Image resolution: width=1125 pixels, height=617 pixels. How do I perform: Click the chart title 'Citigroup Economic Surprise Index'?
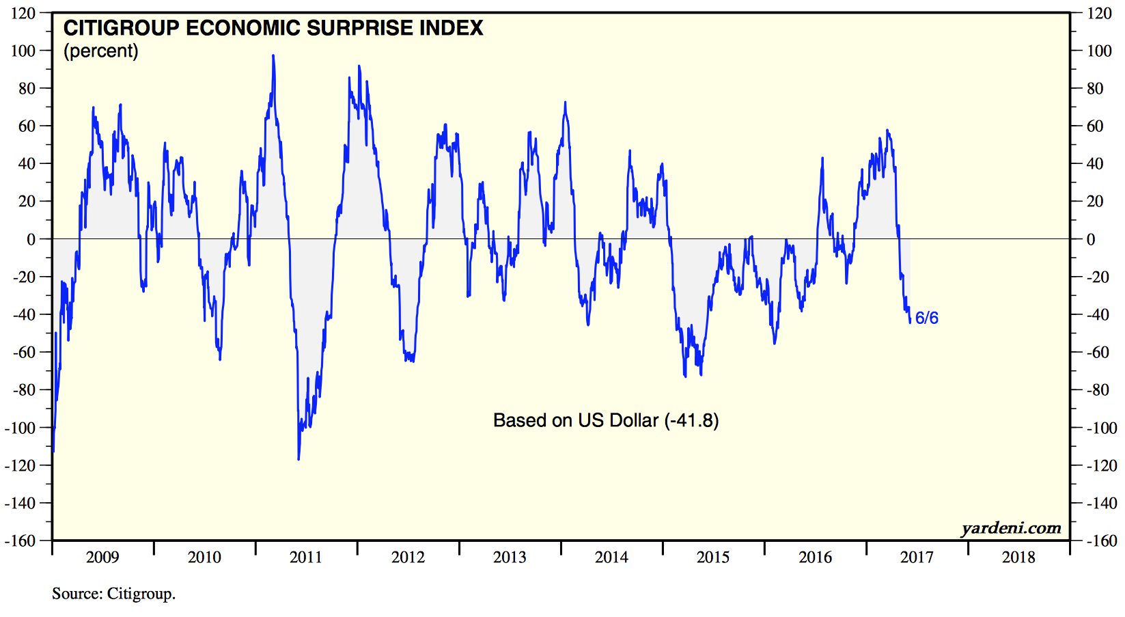[273, 28]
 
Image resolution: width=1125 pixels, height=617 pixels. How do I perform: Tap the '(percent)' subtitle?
[101, 51]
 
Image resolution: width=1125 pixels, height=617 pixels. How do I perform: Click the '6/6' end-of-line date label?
[926, 318]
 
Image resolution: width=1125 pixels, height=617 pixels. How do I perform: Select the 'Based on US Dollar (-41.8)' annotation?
[606, 420]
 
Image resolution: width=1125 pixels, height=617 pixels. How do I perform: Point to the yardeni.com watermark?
[1011, 527]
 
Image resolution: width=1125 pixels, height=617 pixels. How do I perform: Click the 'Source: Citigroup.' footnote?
[113, 594]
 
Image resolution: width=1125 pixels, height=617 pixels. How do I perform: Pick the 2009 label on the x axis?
[102, 558]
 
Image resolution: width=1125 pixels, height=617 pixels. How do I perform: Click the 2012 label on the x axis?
[408, 558]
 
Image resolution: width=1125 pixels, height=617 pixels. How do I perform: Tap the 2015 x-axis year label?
[713, 558]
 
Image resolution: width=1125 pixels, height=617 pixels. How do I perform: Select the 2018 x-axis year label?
[1018, 558]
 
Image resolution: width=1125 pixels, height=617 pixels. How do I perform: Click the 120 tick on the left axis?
[23, 13]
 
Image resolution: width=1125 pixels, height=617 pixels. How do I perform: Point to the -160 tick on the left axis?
[20, 540]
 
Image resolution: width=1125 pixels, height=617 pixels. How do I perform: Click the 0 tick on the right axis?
[1091, 239]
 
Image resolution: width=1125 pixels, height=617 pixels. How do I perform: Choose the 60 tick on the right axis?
[1095, 126]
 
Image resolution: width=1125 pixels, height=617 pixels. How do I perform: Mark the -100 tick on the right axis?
[1102, 428]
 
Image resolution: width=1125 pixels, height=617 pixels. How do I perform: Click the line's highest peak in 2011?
[273, 55]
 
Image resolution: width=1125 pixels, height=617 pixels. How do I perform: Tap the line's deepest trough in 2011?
[298, 459]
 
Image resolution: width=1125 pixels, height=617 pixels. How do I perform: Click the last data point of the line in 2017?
[910, 322]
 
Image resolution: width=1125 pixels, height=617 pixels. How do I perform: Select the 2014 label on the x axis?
[611, 558]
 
